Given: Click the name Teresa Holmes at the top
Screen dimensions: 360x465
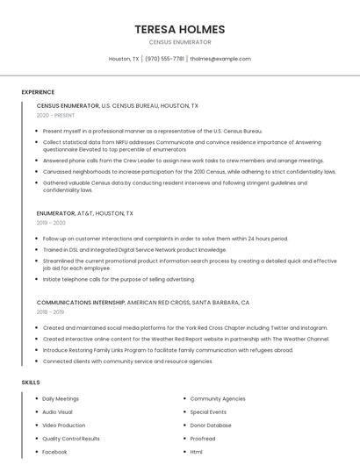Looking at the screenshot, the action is (x=180, y=29).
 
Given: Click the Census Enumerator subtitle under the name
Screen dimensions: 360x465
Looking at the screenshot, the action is (x=180, y=42).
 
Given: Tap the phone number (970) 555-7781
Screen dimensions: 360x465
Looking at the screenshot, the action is (x=164, y=59).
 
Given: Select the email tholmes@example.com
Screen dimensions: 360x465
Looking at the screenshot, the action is (x=220, y=59).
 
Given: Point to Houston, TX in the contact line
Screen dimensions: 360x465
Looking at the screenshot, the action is (x=124, y=59).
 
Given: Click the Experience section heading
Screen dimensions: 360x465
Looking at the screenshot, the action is (x=38, y=92).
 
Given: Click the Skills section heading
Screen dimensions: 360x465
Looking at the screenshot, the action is (x=31, y=383).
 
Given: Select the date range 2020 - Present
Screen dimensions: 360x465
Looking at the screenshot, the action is (x=55, y=115).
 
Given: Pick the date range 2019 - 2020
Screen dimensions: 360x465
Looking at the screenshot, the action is (x=51, y=223).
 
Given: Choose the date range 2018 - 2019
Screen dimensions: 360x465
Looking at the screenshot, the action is (x=50, y=311).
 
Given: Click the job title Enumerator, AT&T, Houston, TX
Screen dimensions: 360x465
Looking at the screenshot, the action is (x=85, y=213).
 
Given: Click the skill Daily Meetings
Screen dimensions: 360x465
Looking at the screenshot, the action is (x=61, y=398).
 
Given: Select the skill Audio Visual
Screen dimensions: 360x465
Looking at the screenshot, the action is (x=57, y=411).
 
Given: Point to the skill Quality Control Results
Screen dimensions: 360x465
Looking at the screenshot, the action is (x=71, y=438).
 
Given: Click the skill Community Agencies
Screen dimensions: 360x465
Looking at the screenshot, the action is (x=218, y=398).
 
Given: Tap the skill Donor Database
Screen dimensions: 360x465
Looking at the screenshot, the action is (x=211, y=425).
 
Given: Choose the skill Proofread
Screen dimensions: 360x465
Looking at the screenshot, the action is (x=203, y=438).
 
